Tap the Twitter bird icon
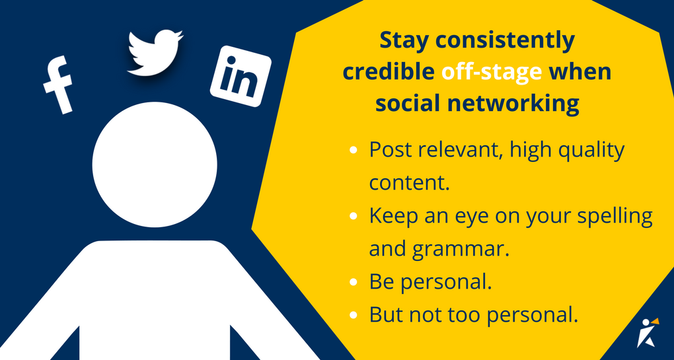click(155, 52)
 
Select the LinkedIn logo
click(241, 76)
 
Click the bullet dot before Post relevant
click(354, 151)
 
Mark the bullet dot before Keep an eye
click(354, 216)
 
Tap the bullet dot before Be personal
click(354, 282)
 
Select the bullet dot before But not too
click(354, 315)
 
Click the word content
click(410, 183)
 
